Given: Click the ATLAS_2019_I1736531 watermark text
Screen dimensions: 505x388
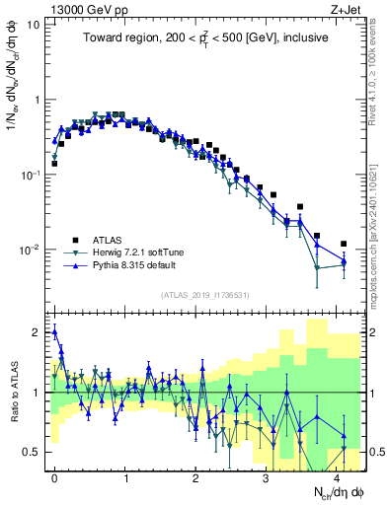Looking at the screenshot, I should tap(206, 295).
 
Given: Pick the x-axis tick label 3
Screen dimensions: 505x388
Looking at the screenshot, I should tap(266, 475).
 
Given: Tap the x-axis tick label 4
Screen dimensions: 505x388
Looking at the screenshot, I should tap(336, 475).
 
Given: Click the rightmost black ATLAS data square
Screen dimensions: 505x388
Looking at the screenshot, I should tap(344, 244).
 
